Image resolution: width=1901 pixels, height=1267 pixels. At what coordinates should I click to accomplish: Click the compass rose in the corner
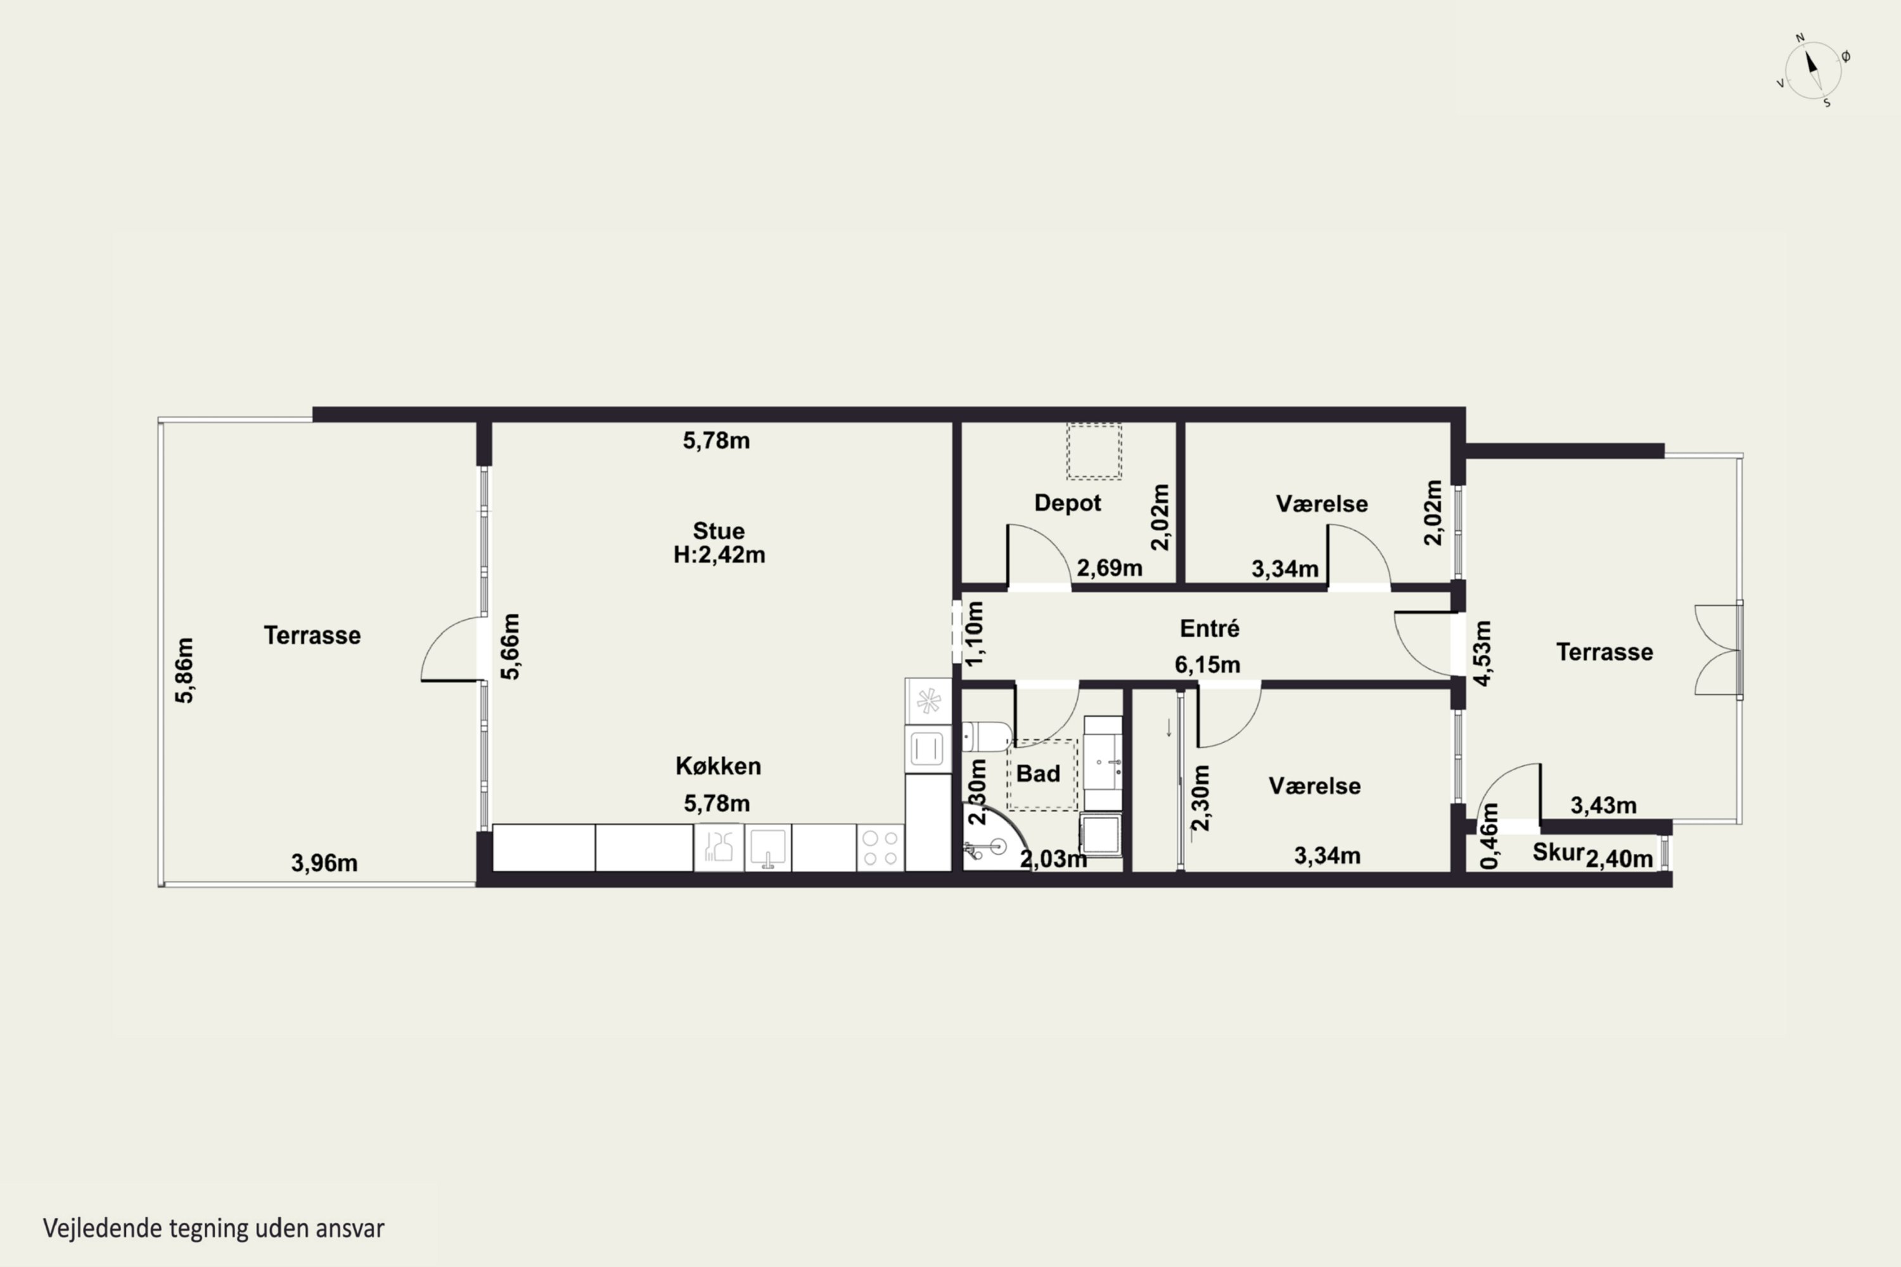point(1813,71)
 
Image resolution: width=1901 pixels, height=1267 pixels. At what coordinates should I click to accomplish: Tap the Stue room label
point(719,531)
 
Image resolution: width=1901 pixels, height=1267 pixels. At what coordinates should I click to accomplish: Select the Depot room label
point(1068,502)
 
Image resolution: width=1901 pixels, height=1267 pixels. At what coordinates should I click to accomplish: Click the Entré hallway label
point(1209,628)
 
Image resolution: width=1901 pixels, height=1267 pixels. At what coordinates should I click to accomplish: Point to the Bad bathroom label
point(1038,774)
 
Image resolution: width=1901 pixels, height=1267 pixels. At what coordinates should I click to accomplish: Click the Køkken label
point(719,766)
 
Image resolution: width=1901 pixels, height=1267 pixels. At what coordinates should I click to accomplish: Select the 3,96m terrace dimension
point(324,863)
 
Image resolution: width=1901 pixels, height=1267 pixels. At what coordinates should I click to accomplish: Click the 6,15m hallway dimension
point(1208,664)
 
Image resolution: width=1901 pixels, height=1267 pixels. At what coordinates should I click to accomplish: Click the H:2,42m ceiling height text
point(719,555)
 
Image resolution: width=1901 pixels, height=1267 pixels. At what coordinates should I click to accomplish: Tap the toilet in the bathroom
point(987,737)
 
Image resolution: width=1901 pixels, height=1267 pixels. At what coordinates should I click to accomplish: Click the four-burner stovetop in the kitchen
point(880,848)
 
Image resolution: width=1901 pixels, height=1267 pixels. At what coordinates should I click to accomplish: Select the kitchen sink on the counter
point(767,848)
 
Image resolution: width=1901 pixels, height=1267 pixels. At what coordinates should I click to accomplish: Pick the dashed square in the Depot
point(1094,451)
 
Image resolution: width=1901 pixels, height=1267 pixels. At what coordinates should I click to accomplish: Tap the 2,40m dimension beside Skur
point(1619,859)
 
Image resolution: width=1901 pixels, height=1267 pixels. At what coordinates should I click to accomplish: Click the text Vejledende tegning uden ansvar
point(214,1228)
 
